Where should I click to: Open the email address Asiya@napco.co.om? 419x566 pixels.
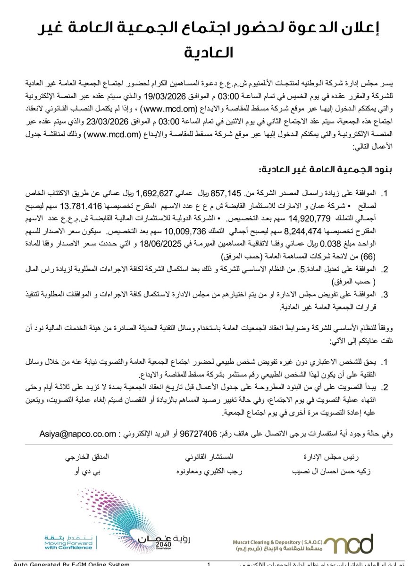77,433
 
